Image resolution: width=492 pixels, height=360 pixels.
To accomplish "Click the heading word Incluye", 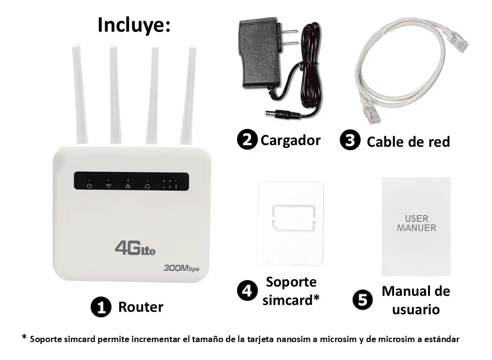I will click(x=134, y=25).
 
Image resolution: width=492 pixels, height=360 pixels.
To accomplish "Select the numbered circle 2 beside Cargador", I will click(x=247, y=140).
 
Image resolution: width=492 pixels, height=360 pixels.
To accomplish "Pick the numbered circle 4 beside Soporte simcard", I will click(x=247, y=291).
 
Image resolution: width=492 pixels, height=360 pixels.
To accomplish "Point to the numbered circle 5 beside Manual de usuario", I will click(x=363, y=300).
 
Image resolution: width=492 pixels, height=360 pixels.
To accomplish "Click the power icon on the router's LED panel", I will click(x=89, y=186).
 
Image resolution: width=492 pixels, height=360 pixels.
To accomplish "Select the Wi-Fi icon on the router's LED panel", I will click(x=109, y=186).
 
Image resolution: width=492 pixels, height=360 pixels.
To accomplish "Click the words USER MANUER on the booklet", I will click(x=416, y=223).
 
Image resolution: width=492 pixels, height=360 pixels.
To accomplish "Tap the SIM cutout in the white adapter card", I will click(x=294, y=218).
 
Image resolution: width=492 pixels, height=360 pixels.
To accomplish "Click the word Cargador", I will click(x=290, y=140).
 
